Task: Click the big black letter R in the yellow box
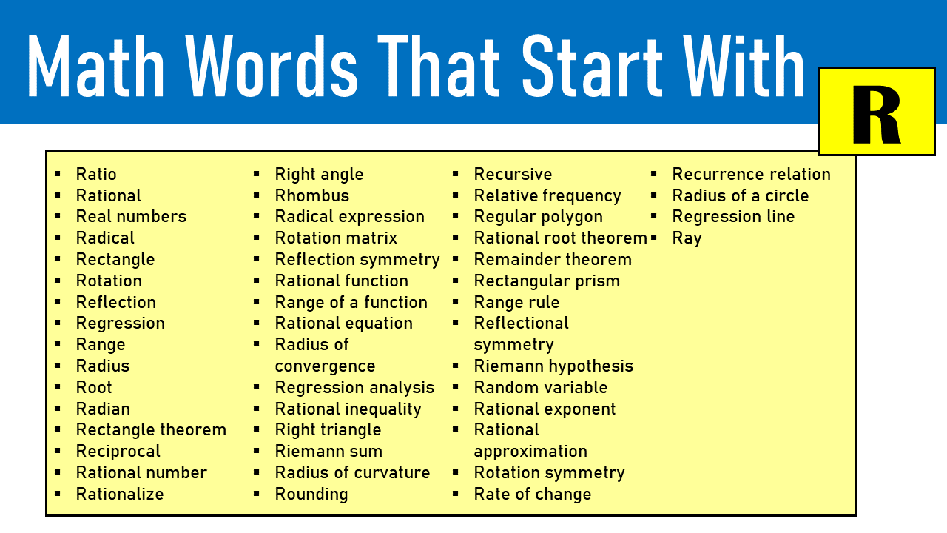pos(876,115)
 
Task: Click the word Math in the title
pos(96,65)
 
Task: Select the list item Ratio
pos(96,175)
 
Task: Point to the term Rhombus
pos(311,196)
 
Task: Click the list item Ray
pos(687,238)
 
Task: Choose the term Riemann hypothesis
pos(553,366)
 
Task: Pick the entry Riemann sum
pos(328,452)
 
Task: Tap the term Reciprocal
pos(118,452)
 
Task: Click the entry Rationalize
pos(120,495)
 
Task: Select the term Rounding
pos(311,495)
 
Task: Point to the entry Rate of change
pos(532,495)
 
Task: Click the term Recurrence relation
pos(751,175)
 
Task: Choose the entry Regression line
pos(733,217)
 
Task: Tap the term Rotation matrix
pos(336,238)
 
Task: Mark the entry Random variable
pos(540,388)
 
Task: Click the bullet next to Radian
pos(58,408)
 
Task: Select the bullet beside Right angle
pos(257,174)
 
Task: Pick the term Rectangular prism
pos(547,281)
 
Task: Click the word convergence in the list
pos(325,366)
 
